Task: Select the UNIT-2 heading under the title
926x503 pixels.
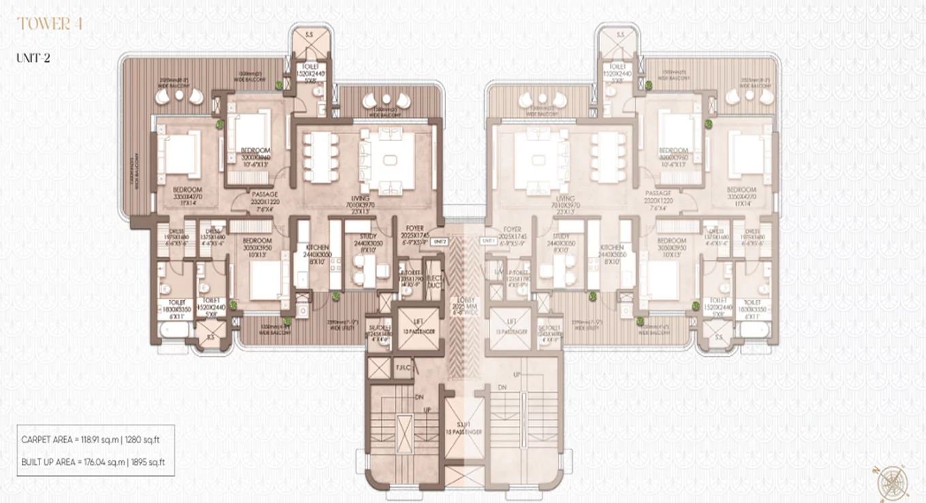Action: click(33, 58)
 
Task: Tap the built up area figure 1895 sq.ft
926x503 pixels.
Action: click(145, 463)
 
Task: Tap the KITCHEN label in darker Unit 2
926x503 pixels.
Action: click(317, 247)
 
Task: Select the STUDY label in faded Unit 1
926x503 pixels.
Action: click(556, 237)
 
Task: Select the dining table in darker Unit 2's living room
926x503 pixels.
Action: click(320, 156)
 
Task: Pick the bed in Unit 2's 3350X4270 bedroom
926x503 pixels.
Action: click(181, 156)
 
